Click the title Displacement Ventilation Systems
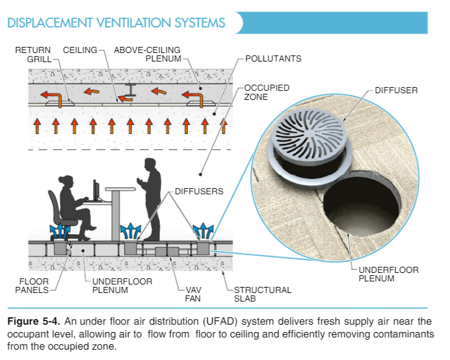tap(116, 23)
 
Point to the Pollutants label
tap(273, 58)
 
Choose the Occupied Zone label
tap(266, 93)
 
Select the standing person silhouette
tap(151, 198)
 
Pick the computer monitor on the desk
tap(96, 191)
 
